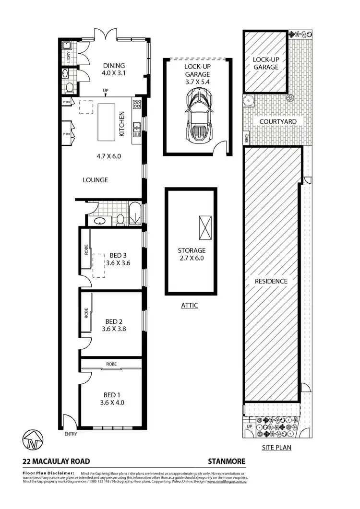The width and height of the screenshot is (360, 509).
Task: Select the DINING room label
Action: click(x=113, y=66)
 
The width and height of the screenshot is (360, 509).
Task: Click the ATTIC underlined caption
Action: click(x=190, y=305)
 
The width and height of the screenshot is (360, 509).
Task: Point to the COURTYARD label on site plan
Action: click(x=278, y=122)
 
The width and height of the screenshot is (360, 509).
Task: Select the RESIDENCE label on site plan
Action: click(x=271, y=281)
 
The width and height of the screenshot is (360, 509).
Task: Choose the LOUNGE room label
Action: click(x=95, y=180)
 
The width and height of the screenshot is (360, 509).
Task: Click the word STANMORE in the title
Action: click(x=226, y=462)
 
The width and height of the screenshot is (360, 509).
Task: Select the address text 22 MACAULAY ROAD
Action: click(x=57, y=462)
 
